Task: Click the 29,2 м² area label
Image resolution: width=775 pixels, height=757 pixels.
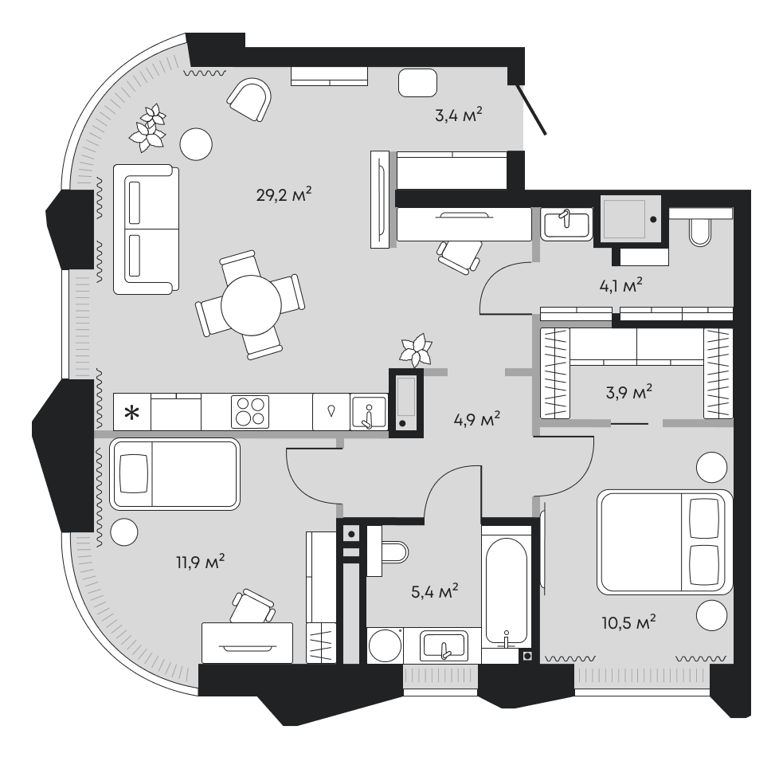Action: click(x=284, y=194)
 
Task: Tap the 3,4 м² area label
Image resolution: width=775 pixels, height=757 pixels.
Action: click(x=458, y=116)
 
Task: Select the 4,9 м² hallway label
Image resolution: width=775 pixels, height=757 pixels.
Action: click(x=477, y=419)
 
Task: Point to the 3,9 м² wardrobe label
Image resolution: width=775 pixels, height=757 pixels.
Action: click(x=628, y=392)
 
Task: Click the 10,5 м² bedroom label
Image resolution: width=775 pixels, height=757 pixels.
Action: click(x=628, y=622)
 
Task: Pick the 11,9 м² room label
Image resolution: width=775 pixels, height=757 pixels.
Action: click(x=200, y=562)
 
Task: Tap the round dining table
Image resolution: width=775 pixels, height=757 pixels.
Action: click(x=251, y=305)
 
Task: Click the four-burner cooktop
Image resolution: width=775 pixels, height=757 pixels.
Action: click(x=250, y=411)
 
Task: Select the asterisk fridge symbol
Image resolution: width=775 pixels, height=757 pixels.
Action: click(x=131, y=412)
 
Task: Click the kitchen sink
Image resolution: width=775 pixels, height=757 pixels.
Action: click(x=369, y=413)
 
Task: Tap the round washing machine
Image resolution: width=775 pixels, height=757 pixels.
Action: click(x=385, y=645)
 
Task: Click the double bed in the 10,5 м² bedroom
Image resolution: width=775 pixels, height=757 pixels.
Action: click(x=664, y=542)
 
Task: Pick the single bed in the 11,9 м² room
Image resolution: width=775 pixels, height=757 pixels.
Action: click(x=174, y=474)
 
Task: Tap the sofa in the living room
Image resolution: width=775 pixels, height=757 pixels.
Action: click(x=146, y=229)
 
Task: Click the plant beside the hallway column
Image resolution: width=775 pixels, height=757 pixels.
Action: click(x=416, y=350)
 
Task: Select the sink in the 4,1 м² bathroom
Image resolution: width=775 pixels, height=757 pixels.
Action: click(x=566, y=224)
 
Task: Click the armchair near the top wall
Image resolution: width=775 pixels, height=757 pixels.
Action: click(x=249, y=99)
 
